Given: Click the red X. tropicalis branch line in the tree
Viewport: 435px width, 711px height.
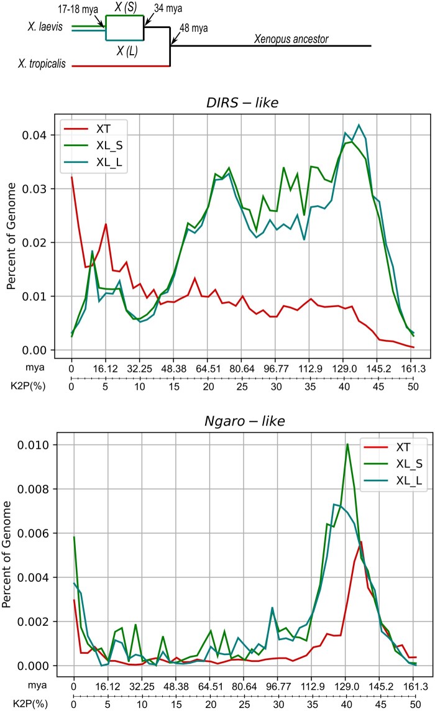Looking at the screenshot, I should click(x=121, y=65).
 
